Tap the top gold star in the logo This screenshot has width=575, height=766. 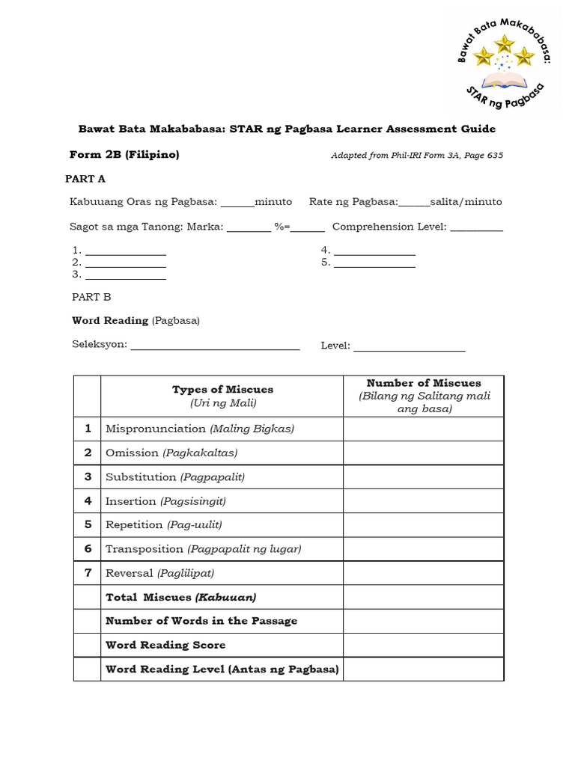point(505,43)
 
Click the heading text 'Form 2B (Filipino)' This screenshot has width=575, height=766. point(124,155)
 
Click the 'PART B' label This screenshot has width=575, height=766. point(91,297)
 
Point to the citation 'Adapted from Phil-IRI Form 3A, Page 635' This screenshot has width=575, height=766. point(417,156)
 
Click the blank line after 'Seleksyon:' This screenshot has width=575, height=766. point(215,346)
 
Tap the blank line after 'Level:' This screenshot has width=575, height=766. point(409,346)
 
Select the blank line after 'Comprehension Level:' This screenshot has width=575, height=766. point(476,227)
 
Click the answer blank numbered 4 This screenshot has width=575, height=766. point(374,251)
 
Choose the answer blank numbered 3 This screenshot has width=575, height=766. point(125,275)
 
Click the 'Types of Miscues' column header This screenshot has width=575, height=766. point(222,396)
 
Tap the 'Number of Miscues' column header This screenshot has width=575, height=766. point(424,396)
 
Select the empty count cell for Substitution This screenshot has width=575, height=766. point(424,477)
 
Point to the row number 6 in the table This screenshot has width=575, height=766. point(88,548)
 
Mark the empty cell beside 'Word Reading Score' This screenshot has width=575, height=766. point(424,645)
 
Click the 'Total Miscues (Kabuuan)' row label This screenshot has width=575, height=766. point(181,597)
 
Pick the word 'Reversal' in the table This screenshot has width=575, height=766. point(130,573)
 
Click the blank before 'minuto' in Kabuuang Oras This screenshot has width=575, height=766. point(237,203)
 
